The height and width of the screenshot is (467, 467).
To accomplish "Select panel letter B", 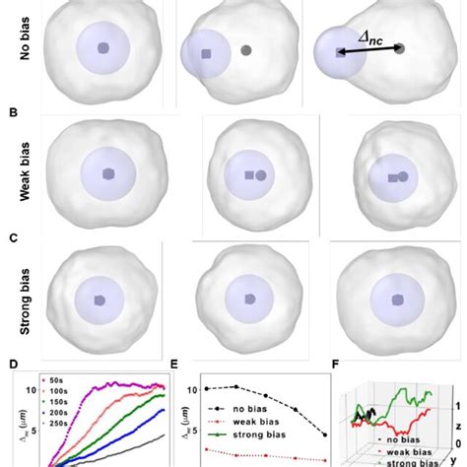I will [x=12, y=112].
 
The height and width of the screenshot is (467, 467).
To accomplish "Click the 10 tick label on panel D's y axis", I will [x=30, y=390].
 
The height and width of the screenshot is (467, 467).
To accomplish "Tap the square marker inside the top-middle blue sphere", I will [x=205, y=55].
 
